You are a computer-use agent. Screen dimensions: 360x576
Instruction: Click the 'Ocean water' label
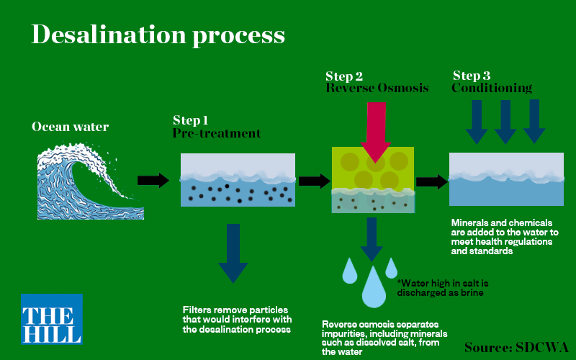click(70, 127)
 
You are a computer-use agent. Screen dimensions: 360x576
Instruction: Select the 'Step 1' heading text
click(191, 120)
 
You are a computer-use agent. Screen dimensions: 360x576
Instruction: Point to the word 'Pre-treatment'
click(216, 134)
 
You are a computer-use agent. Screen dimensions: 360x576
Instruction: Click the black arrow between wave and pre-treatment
click(153, 180)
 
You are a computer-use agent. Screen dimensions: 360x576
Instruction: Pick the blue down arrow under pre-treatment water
click(233, 251)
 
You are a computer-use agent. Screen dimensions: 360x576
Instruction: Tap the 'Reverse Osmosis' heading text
click(377, 89)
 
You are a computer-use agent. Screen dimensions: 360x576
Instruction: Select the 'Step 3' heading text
click(472, 76)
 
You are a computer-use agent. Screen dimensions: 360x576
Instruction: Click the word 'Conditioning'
click(492, 89)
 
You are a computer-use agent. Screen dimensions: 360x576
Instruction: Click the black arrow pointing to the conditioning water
click(431, 181)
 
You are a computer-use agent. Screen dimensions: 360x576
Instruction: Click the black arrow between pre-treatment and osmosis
click(314, 181)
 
